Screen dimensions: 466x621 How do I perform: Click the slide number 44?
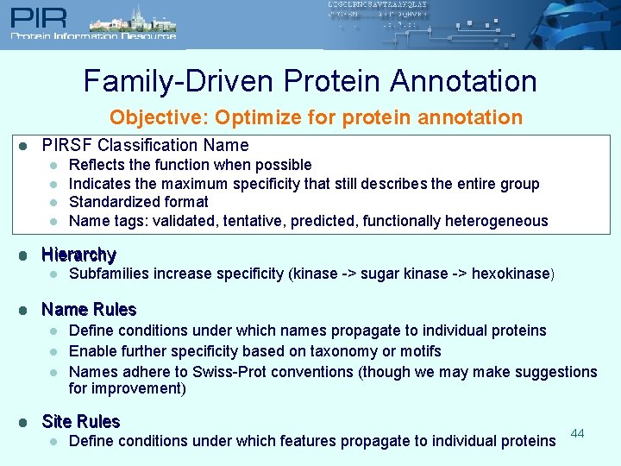pos(577,432)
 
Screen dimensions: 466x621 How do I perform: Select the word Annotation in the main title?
pos(463,81)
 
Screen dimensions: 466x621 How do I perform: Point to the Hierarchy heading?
pos(78,255)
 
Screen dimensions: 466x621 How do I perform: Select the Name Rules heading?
pos(89,309)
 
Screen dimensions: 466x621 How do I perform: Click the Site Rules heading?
pos(80,421)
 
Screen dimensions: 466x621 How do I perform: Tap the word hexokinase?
pos(508,274)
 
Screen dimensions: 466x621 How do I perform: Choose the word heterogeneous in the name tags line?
pos(496,221)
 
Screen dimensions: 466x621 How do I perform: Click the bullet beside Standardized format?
pos(53,203)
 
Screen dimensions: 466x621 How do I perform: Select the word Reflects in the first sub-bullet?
pos(95,164)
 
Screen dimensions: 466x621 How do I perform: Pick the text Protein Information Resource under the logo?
pos(93,36)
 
